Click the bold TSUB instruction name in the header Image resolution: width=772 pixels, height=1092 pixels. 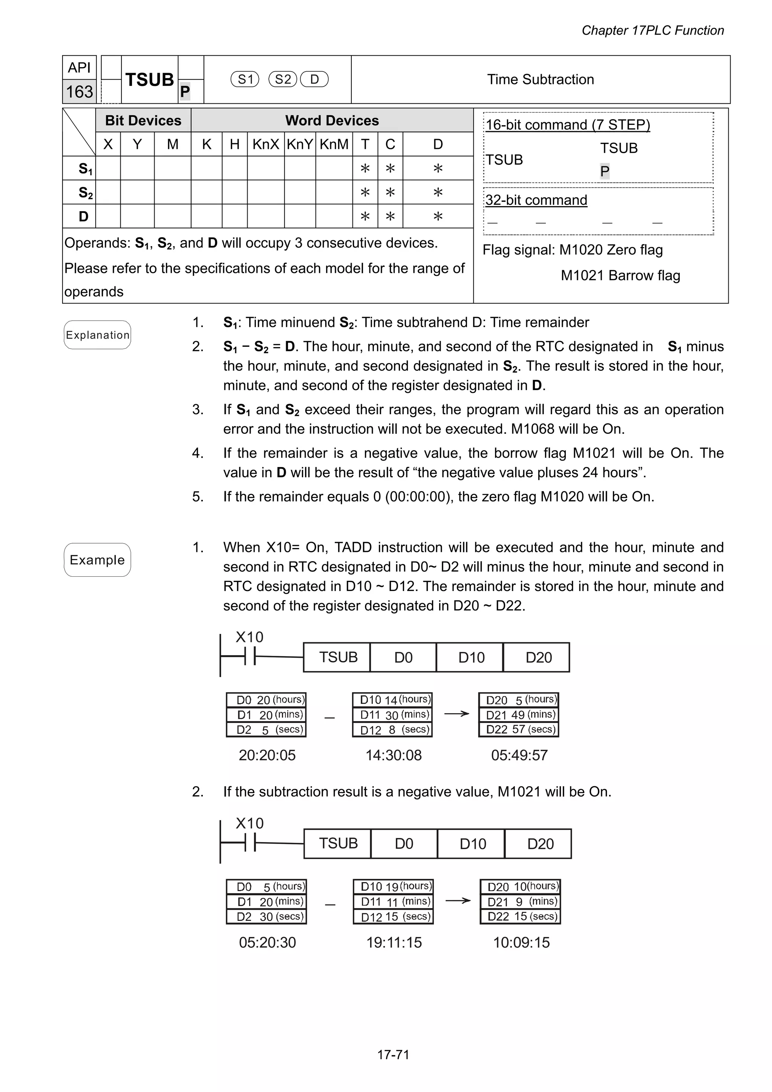[149, 80]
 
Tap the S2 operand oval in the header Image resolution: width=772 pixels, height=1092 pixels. [283, 80]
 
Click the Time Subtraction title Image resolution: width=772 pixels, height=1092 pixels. [540, 80]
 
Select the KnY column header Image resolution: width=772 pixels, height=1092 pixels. [300, 144]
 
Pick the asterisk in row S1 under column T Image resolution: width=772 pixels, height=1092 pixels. [365, 168]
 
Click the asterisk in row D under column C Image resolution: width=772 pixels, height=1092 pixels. [390, 217]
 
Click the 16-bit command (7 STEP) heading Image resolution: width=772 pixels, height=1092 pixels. [567, 125]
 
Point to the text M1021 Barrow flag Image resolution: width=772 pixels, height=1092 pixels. [620, 276]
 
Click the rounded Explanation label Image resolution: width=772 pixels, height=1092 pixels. [98, 335]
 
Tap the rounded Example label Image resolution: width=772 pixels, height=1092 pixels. [98, 560]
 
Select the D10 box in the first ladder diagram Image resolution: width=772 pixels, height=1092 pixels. [471, 658]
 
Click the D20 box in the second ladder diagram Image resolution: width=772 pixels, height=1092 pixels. [540, 844]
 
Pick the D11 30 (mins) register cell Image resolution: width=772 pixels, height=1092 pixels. [393, 715]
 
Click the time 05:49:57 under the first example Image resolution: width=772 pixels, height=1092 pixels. [519, 755]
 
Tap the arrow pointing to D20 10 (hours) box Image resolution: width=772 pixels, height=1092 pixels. [458, 901]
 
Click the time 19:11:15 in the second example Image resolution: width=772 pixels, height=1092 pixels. [394, 942]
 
